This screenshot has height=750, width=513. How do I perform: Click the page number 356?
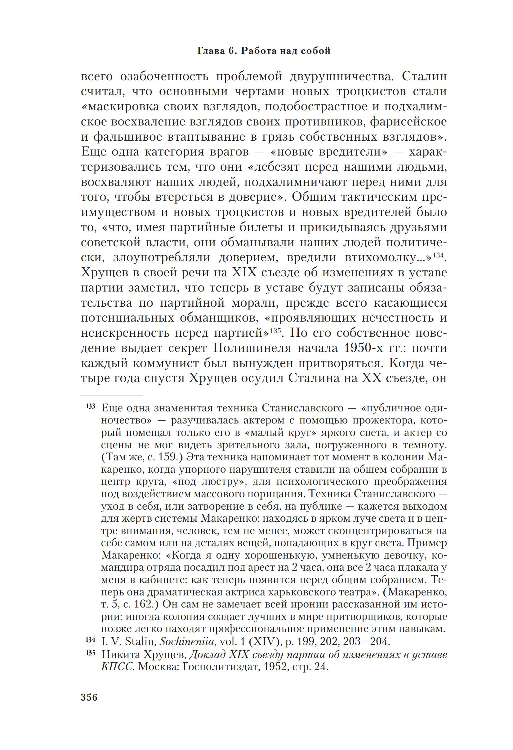tap(89, 697)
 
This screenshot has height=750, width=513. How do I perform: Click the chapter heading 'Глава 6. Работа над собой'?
tap(264, 51)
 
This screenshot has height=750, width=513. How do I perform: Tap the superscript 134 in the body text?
tap(438, 255)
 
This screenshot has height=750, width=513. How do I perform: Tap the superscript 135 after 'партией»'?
tap(275, 331)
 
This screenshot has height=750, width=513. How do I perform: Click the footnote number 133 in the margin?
tap(91, 406)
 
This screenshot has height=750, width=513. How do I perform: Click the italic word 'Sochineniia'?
tap(187, 642)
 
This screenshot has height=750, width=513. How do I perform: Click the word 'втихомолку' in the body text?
tap(385, 258)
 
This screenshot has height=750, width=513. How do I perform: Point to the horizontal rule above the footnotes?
tap(112, 395)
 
